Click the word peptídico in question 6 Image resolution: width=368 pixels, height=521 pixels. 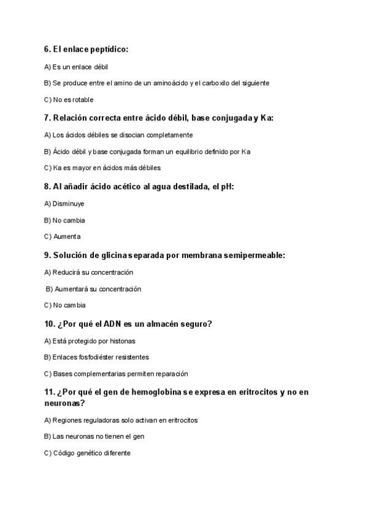pyautogui.click(x=110, y=49)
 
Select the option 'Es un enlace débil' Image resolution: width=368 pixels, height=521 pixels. pyautogui.click(x=76, y=66)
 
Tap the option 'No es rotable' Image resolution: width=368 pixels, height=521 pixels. pyautogui.click(x=69, y=100)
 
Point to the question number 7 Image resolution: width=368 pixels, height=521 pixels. pyautogui.click(x=47, y=117)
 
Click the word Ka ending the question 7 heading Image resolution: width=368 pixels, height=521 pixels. pyautogui.click(x=266, y=117)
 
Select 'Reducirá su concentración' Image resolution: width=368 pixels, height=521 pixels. pyautogui.click(x=89, y=272)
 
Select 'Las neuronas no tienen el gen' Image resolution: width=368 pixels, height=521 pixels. pyautogui.click(x=91, y=437)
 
